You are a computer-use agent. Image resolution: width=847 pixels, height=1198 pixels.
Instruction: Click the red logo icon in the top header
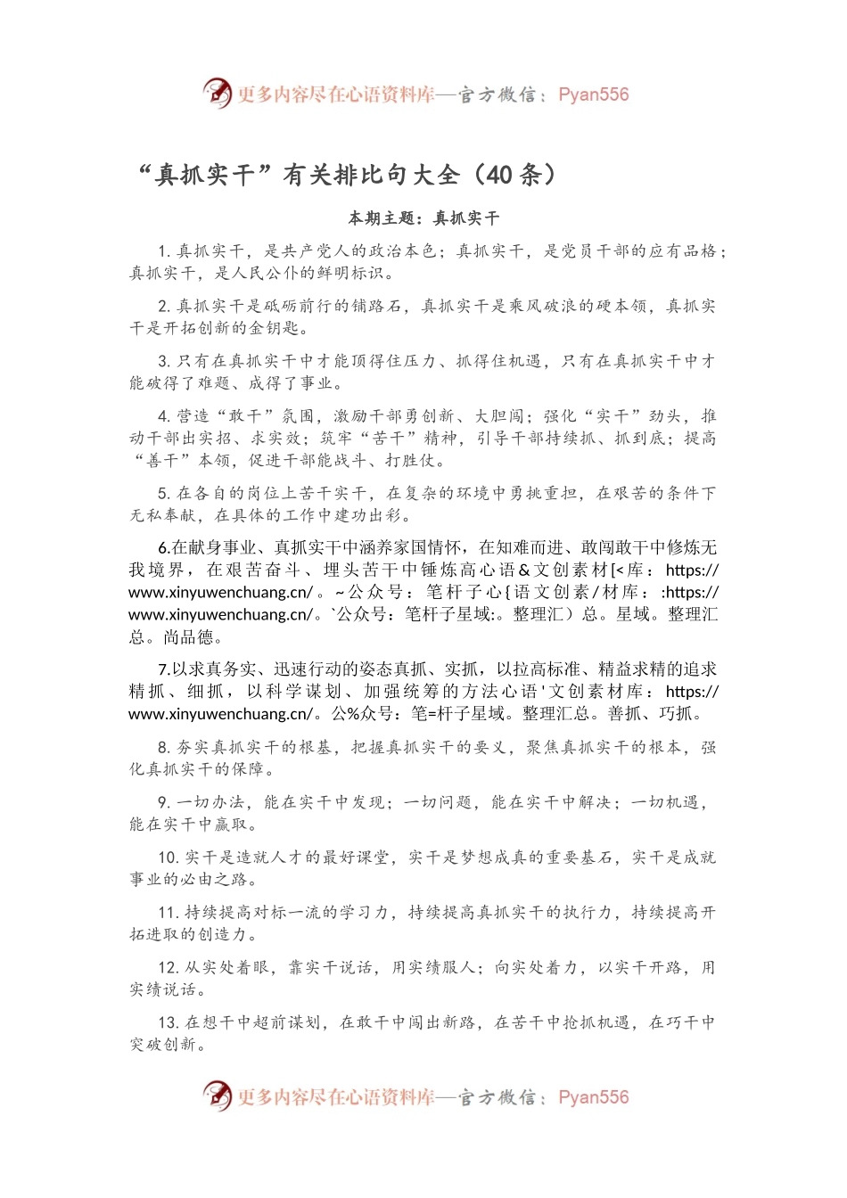click(x=217, y=93)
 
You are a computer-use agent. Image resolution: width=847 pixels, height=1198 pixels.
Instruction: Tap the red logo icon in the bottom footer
click(x=217, y=1095)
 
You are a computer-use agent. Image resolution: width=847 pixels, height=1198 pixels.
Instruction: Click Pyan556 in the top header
click(x=593, y=94)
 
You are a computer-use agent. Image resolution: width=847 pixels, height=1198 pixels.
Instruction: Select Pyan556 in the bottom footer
click(x=593, y=1097)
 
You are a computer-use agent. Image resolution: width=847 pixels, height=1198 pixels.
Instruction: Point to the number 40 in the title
click(x=499, y=175)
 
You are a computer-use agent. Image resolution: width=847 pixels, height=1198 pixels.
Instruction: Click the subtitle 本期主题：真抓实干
click(x=423, y=218)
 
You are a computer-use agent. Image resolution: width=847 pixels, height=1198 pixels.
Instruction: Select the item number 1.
click(x=163, y=251)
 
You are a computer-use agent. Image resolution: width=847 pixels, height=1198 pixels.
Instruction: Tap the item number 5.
click(x=163, y=493)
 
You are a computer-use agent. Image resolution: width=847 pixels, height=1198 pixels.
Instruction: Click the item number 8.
click(x=163, y=747)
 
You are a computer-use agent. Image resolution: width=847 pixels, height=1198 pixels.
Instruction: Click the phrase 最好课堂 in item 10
click(x=357, y=857)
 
